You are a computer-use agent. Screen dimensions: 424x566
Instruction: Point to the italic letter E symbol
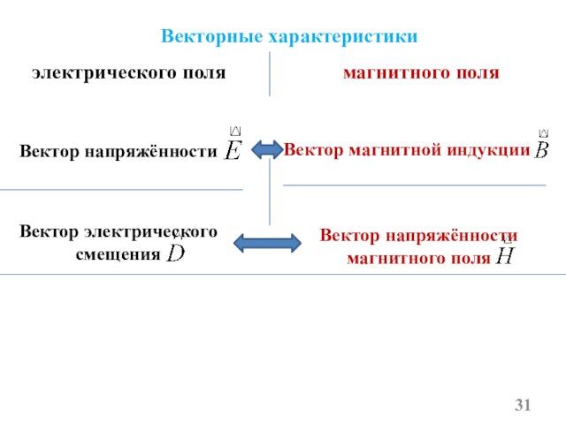click(x=233, y=150)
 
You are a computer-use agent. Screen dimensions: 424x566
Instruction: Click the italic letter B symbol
click(x=542, y=150)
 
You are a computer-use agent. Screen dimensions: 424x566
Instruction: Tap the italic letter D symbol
click(x=177, y=254)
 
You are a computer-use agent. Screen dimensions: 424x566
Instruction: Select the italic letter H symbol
click(x=505, y=257)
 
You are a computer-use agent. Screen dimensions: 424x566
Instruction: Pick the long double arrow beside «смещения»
click(x=267, y=242)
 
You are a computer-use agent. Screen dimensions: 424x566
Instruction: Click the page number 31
click(x=524, y=405)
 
